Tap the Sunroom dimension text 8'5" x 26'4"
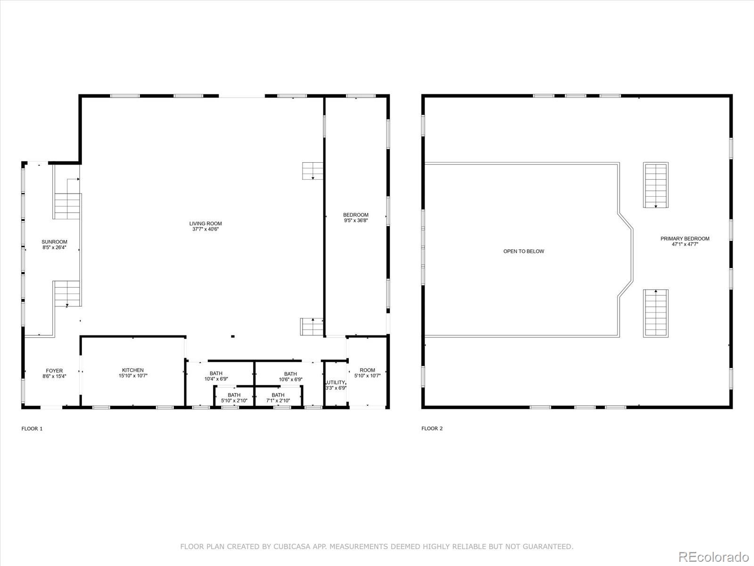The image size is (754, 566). point(54,247)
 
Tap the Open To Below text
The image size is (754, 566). point(524,251)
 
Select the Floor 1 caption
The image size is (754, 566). point(32,429)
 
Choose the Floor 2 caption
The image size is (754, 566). point(432,429)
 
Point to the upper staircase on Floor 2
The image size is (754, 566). point(656,185)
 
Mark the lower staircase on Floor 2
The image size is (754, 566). point(656,313)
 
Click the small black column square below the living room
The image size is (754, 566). point(232,336)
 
